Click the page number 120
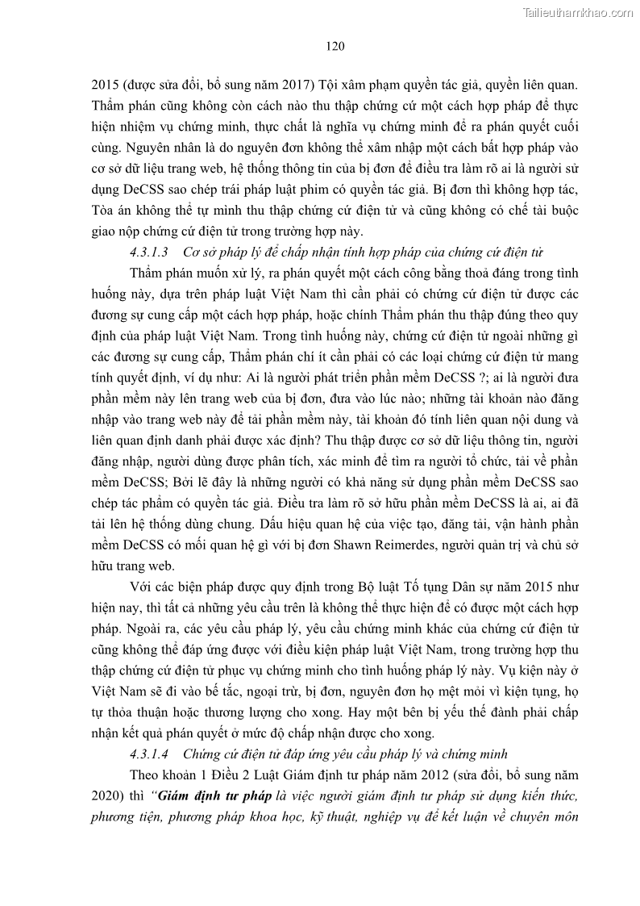pyautogui.click(x=335, y=46)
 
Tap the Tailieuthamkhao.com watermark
pyautogui.click(x=579, y=12)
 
